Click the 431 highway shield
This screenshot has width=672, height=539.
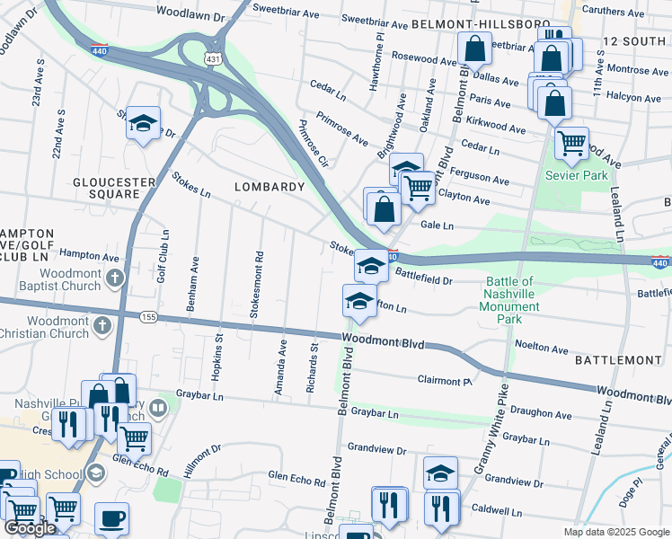(x=213, y=58)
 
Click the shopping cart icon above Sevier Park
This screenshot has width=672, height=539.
(x=571, y=142)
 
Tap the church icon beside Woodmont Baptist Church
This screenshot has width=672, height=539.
(x=114, y=278)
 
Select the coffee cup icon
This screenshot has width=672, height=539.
(x=111, y=517)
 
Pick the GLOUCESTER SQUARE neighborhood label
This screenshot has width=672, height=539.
(x=115, y=189)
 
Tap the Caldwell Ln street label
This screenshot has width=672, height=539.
(x=497, y=510)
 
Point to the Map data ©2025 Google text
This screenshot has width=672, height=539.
(x=615, y=532)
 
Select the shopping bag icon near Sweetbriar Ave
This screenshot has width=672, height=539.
(x=473, y=49)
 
